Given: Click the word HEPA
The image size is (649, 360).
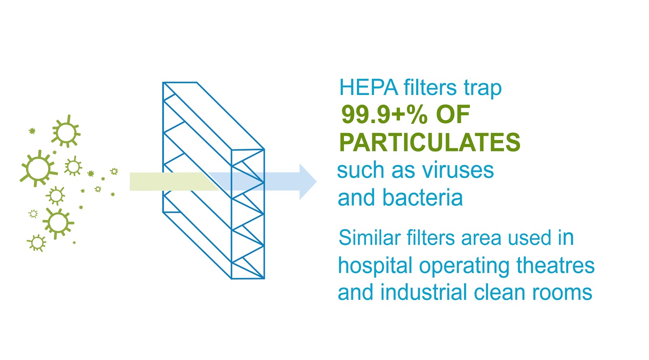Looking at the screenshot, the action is (x=369, y=87).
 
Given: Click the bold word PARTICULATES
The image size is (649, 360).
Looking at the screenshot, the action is (x=430, y=142).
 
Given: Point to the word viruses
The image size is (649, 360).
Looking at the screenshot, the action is (x=458, y=170).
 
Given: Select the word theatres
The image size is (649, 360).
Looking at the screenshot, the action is (x=555, y=265).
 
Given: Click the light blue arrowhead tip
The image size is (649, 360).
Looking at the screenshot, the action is (x=316, y=182).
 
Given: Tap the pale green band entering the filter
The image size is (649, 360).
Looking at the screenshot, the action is (x=174, y=182).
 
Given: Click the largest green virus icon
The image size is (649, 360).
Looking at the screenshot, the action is (x=38, y=168).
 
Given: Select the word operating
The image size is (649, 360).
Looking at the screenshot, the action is (x=464, y=266).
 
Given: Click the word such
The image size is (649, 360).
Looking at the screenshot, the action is (x=361, y=170).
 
